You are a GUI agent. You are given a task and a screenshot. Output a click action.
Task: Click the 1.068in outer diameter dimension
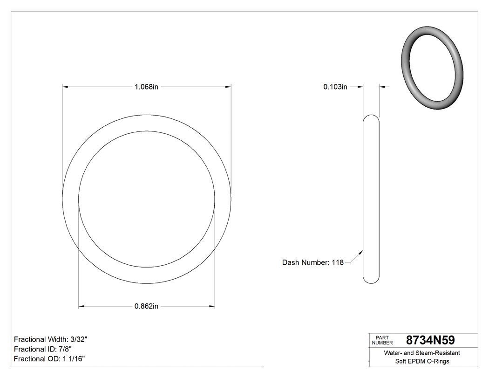point(146,87)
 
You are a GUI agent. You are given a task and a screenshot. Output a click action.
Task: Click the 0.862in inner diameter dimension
point(146,306)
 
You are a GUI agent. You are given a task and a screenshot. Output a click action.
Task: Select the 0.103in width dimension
point(335,87)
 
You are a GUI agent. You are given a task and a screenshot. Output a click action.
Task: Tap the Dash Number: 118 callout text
point(312,262)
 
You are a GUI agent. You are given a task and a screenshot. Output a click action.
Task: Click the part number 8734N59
point(430,340)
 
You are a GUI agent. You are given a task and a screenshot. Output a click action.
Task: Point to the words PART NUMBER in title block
point(382,340)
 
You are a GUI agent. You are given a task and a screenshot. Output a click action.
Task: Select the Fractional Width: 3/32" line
point(51,339)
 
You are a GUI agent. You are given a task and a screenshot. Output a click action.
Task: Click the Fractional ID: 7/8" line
point(43,349)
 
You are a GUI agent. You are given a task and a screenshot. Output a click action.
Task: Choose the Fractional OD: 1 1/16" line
point(49,359)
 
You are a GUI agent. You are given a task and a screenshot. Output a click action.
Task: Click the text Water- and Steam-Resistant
point(422,353)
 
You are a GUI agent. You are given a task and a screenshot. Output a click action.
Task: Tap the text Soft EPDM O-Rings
point(422,361)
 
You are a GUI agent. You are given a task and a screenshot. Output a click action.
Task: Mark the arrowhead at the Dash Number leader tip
point(361,253)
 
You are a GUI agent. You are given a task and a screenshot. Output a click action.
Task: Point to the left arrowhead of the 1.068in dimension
point(66,87)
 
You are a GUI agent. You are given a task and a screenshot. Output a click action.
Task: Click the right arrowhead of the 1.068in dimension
point(228,87)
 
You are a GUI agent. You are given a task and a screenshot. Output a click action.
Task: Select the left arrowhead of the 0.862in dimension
point(81,306)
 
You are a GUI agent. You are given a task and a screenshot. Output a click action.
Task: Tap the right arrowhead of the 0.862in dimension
point(212,306)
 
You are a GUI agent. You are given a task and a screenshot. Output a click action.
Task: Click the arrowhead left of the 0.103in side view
point(360,87)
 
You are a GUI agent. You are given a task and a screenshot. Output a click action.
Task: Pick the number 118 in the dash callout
point(338,262)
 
